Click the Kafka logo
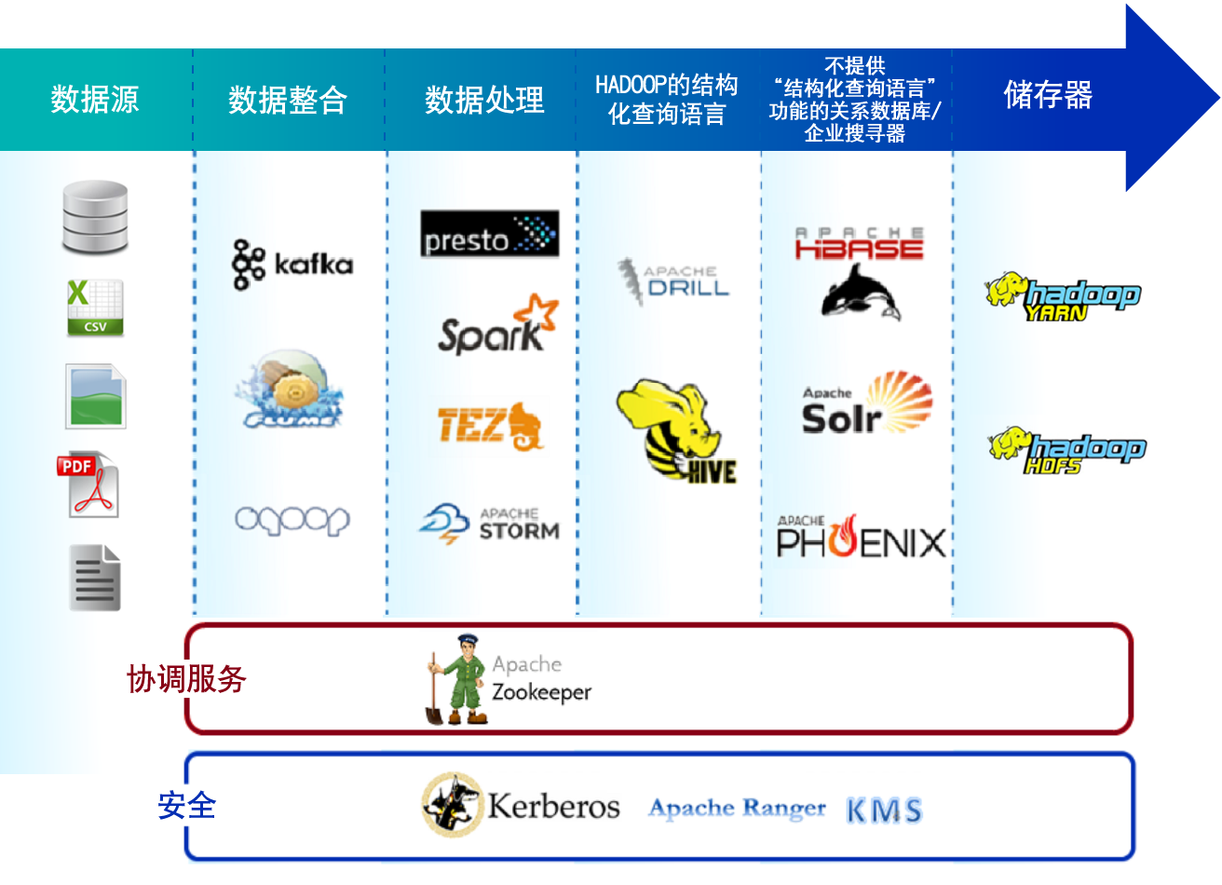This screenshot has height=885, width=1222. pyautogui.click(x=292, y=265)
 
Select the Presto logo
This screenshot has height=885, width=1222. pyautogui.click(x=489, y=234)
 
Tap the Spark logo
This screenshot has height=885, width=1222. pyautogui.click(x=497, y=326)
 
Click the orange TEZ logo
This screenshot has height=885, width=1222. pyautogui.click(x=490, y=426)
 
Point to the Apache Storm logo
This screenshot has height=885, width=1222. pyautogui.click(x=490, y=524)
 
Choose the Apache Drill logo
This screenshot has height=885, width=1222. pyautogui.click(x=673, y=279)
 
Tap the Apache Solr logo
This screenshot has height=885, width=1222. pyautogui.click(x=866, y=404)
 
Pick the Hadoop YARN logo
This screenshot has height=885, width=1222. pyautogui.click(x=1063, y=297)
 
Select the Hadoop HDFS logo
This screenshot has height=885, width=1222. pyautogui.click(x=1066, y=451)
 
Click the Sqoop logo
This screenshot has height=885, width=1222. pyautogui.click(x=292, y=520)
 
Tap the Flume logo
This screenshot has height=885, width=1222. pyautogui.click(x=289, y=390)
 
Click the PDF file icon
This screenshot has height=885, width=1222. pyautogui.click(x=89, y=484)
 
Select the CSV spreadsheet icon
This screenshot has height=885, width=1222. pyautogui.click(x=94, y=307)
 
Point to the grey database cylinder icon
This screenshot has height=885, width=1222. pyautogui.click(x=95, y=218)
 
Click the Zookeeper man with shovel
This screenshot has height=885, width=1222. pyautogui.click(x=456, y=680)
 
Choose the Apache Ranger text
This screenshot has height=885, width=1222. pyautogui.click(x=737, y=808)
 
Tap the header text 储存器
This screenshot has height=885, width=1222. pyautogui.click(x=1048, y=95)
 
